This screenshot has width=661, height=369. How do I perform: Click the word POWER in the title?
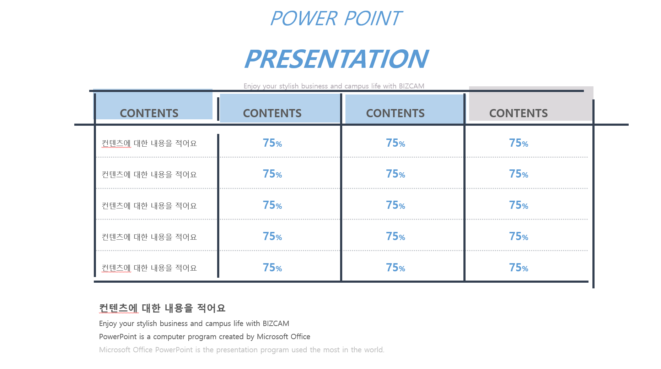coord(304,18)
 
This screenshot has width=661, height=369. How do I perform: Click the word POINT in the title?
coord(373,18)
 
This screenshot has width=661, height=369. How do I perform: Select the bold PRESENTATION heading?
coord(336,59)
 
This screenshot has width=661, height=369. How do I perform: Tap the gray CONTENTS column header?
coord(518,113)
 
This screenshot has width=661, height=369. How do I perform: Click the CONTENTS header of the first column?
coord(149,113)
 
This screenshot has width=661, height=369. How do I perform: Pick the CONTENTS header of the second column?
coord(272,113)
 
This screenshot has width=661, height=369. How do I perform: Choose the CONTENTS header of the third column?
coord(396,113)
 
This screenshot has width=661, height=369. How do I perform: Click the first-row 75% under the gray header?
coord(518,143)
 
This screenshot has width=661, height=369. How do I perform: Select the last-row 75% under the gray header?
coord(518,268)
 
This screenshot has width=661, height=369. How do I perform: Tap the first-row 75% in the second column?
coord(272,143)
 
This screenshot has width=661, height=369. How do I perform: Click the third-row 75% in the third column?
coord(396,205)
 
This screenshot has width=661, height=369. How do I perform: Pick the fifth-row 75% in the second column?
coord(272,268)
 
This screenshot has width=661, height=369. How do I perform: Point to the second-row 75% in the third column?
coord(396,174)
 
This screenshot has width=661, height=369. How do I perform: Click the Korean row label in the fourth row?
coord(149,237)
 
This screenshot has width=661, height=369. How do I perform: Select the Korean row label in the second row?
coord(149,174)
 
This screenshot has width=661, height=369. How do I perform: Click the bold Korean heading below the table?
coord(162,308)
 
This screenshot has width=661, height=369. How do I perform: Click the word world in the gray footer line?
coord(374,350)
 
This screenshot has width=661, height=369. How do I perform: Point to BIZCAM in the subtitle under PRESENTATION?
coord(412,86)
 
